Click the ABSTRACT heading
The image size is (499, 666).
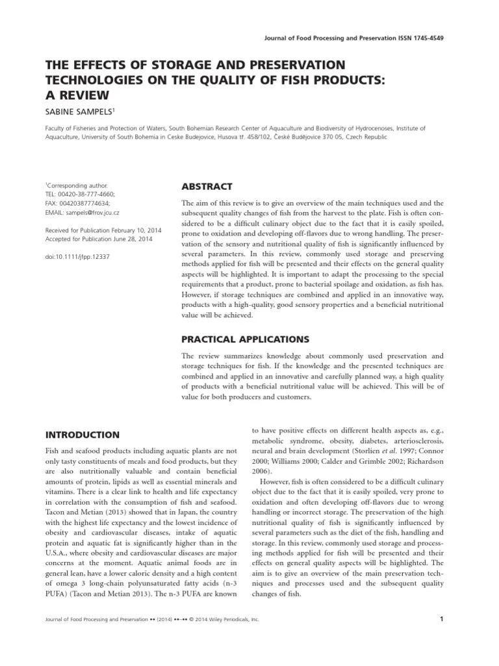pyautogui.click(x=207, y=187)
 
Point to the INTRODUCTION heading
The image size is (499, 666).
pyautogui.click(x=82, y=434)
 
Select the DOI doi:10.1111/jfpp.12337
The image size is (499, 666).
pyautogui.click(x=77, y=256)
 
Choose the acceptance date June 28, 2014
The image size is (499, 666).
pyautogui.click(x=138, y=239)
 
